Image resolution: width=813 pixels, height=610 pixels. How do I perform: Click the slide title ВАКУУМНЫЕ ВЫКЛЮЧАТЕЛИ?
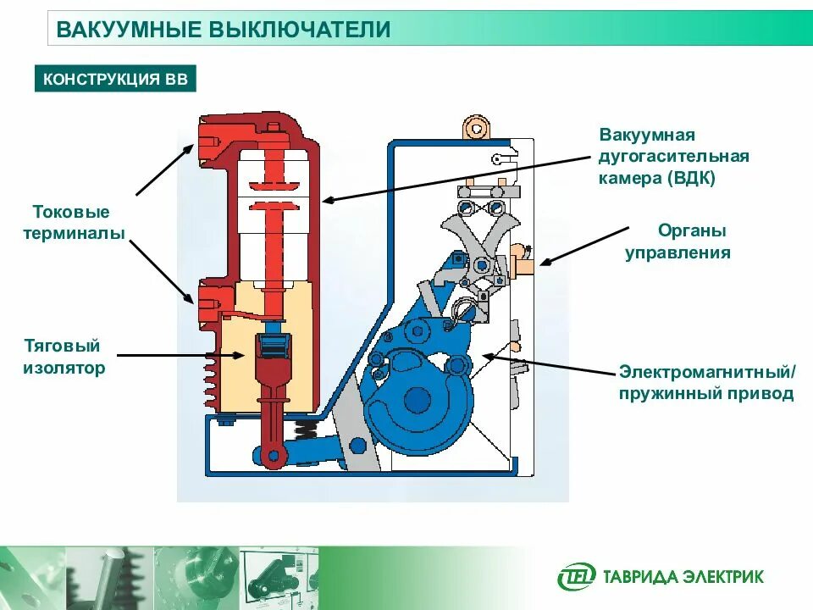223,30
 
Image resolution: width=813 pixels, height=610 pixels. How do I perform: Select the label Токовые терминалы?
71,222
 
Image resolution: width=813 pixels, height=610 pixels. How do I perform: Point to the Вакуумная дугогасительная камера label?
674,157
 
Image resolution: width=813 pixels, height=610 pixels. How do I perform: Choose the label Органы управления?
677,241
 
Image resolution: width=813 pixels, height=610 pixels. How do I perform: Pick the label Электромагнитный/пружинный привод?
706,383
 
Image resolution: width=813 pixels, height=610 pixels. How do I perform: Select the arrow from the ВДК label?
457,177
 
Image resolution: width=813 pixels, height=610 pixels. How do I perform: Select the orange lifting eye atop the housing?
476,128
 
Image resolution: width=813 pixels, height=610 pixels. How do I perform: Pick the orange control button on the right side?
522,259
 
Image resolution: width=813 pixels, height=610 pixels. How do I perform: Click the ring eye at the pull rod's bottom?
273,457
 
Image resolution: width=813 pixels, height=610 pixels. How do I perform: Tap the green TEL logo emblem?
576,577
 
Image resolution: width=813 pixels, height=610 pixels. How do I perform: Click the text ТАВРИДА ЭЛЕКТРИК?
683,577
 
